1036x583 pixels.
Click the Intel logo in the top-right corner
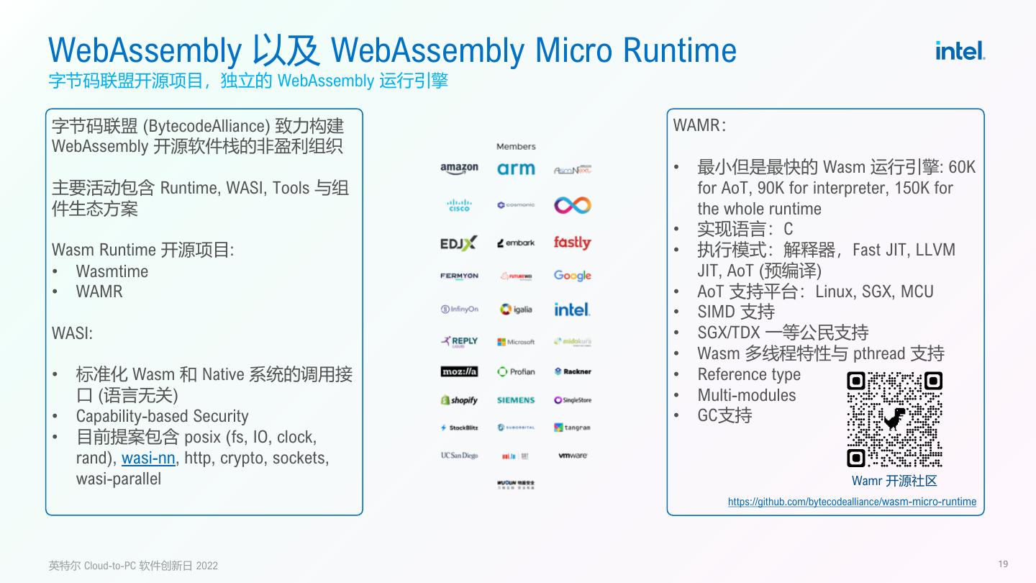coord(960,50)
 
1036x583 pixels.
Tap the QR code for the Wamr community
coord(894,419)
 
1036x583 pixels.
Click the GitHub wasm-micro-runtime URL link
coord(852,502)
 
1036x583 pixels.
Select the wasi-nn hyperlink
coord(148,458)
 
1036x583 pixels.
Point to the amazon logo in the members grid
coord(459,168)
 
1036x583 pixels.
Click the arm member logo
coord(516,168)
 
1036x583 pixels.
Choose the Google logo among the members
coord(573,276)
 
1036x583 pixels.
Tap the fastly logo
coord(572,243)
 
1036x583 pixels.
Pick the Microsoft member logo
coord(516,342)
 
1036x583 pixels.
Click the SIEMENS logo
coord(516,400)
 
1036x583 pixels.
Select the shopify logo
coord(459,400)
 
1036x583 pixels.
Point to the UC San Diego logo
coord(459,456)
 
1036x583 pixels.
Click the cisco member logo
coord(459,205)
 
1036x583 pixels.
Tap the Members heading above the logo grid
coord(516,147)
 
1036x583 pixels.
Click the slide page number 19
coord(1004,564)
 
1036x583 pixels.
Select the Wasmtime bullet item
coord(112,271)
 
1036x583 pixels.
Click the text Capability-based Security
coord(162,416)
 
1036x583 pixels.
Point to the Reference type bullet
coord(749,374)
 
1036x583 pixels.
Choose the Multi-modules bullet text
coord(747,395)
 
